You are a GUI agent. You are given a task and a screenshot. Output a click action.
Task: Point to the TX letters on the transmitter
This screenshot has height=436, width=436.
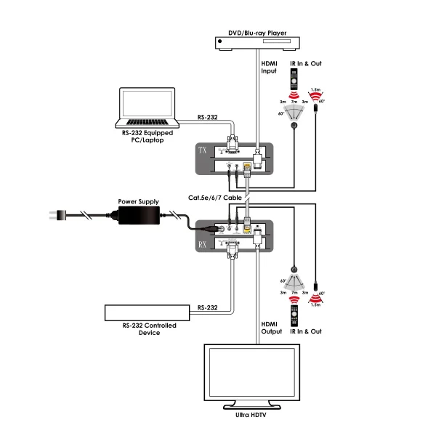(203, 151)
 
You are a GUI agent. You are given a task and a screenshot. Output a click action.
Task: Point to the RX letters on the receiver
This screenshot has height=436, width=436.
(203, 245)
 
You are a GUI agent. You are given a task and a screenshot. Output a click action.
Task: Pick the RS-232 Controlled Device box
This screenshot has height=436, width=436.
(148, 312)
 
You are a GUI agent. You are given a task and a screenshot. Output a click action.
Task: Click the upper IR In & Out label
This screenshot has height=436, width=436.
(306, 64)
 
